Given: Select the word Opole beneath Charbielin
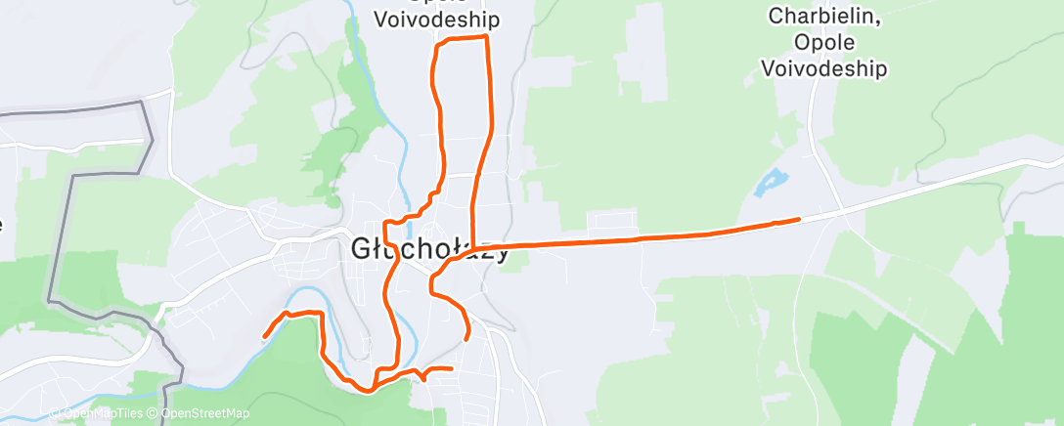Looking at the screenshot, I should (x=826, y=43).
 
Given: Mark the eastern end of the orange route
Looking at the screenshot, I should (x=799, y=219).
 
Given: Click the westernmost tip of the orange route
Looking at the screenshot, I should (x=265, y=336).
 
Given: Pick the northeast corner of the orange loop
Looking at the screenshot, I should (x=486, y=37).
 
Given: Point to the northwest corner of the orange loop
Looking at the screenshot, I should (x=436, y=44).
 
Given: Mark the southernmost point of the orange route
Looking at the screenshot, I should (x=367, y=390).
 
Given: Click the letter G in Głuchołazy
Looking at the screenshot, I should (x=360, y=250).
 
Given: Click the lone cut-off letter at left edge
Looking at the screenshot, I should (x=2, y=224).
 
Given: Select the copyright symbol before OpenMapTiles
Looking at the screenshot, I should (x=55, y=413).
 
